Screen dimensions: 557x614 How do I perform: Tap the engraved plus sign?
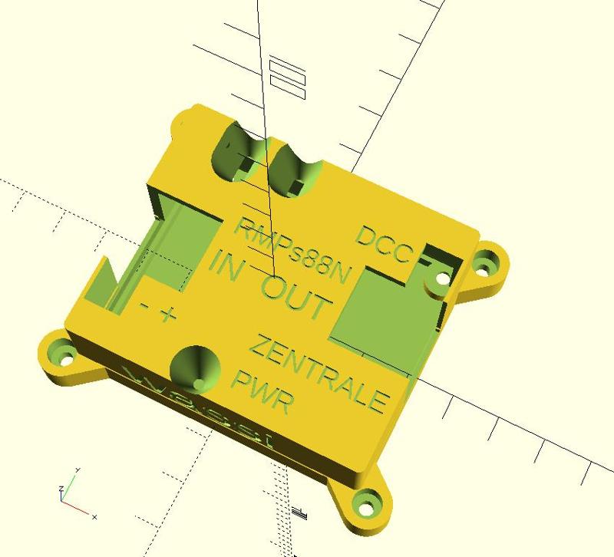[168, 314]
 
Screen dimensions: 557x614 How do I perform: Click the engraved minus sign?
[144, 306]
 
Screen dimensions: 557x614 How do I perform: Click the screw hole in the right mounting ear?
[483, 265]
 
